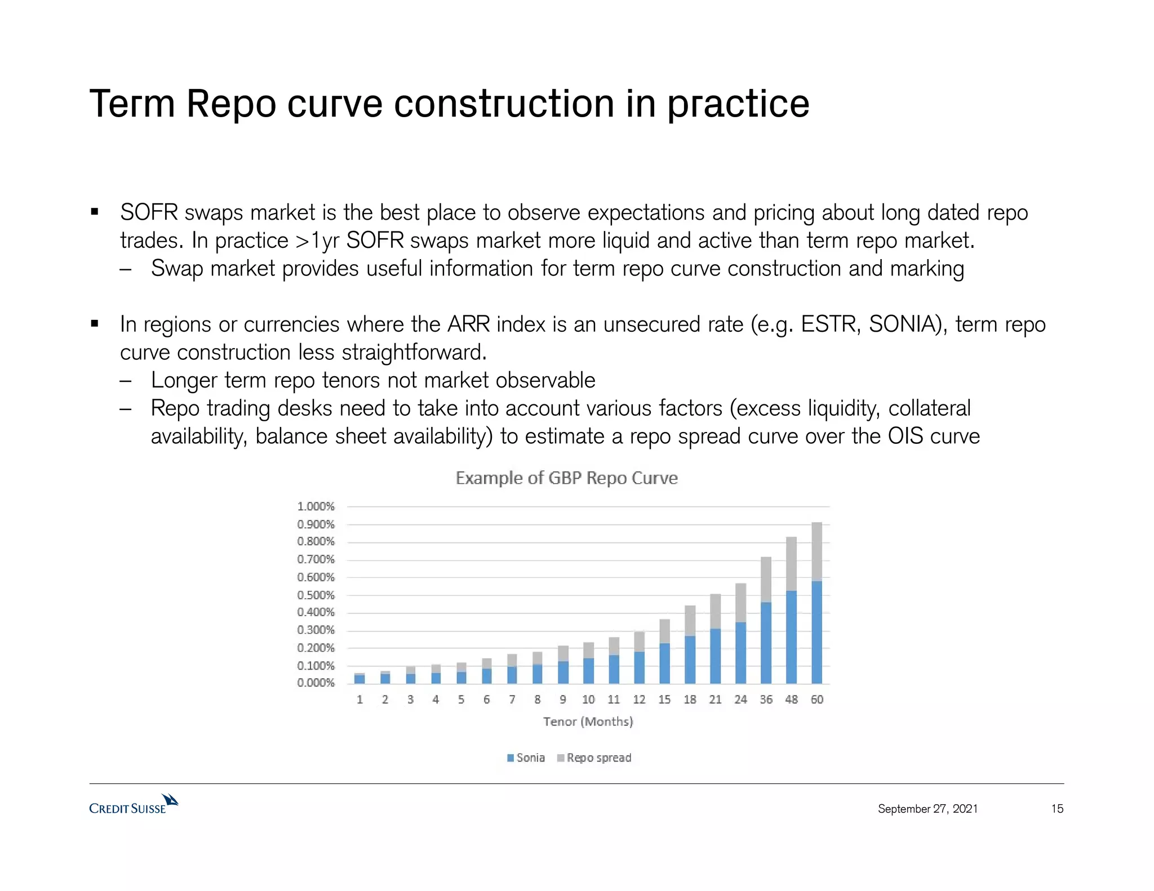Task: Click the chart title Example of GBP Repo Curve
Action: (566, 478)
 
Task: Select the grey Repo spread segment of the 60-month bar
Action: (816, 552)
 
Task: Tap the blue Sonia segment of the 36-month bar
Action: (766, 643)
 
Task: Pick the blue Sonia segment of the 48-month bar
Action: (791, 637)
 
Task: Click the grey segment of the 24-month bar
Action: (740, 603)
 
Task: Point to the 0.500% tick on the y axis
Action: (316, 595)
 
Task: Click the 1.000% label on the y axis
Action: (316, 506)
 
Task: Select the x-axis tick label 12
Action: (639, 700)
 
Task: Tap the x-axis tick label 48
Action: (791, 700)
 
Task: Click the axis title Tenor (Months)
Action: (588, 721)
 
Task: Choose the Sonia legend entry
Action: (526, 758)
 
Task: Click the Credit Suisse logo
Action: (134, 805)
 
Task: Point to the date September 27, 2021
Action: (927, 809)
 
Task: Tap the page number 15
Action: (1057, 809)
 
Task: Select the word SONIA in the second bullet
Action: (903, 325)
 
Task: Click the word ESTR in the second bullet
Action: (830, 325)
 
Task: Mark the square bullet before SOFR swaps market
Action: (95, 212)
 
